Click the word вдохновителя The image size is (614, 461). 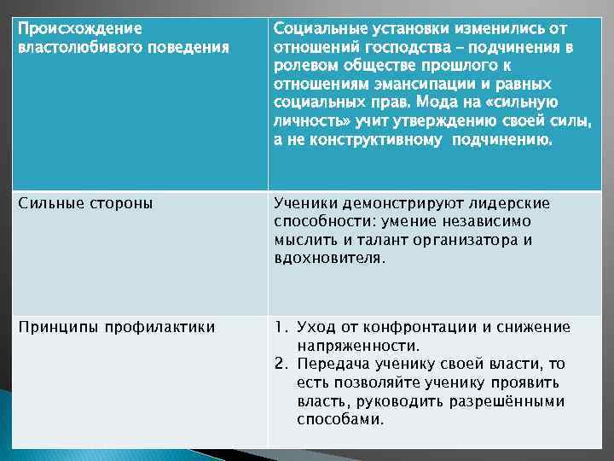[327, 259]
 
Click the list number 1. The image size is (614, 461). [280, 327]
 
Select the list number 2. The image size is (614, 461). [280, 365]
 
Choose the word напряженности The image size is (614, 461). [356, 346]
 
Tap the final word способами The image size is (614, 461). [339, 420]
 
